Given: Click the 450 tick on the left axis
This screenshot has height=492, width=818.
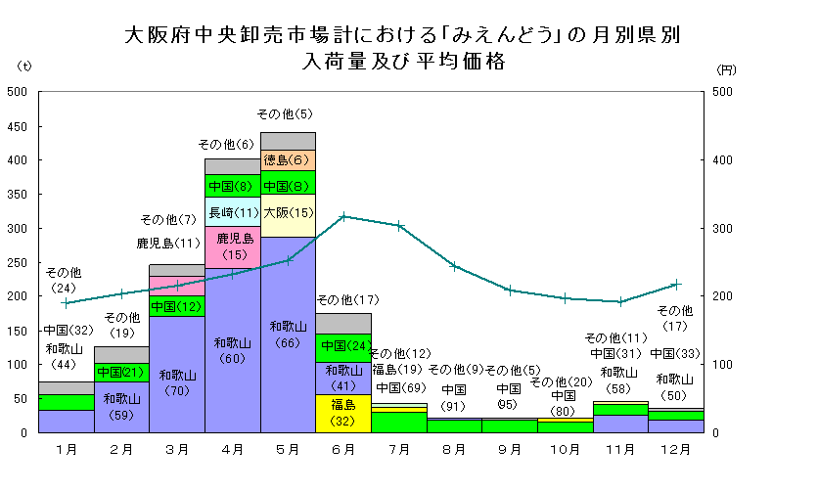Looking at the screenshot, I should point(17,126).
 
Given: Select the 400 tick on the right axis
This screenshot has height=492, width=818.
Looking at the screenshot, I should point(721,160).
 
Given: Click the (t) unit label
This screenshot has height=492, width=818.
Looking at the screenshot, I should point(25,67).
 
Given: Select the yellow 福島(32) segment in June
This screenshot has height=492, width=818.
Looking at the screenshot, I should point(343,413).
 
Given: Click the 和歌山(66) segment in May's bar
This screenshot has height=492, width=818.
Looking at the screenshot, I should point(289,334).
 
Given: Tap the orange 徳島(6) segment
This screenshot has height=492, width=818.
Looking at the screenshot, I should point(289,160).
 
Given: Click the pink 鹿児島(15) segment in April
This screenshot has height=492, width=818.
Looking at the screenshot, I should point(234,246).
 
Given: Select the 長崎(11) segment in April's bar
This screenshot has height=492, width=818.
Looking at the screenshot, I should point(234,211).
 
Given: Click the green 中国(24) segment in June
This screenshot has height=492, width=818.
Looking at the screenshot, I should point(343,346).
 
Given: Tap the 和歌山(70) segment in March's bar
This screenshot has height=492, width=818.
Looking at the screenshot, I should point(178,381).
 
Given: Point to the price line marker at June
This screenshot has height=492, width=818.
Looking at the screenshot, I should point(343,216).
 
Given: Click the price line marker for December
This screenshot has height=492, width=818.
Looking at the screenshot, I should point(676,285).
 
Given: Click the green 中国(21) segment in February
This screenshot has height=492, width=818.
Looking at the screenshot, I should point(121,372).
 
